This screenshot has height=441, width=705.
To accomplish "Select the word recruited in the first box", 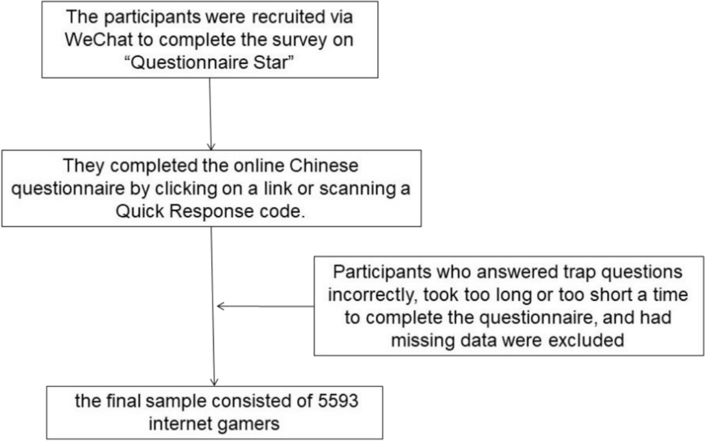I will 283,17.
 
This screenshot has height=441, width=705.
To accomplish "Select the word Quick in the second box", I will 139,212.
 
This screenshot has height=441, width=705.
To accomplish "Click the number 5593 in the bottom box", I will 338,401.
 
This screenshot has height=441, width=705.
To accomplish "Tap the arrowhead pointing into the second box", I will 211,147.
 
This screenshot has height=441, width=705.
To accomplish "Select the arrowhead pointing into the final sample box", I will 214,382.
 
